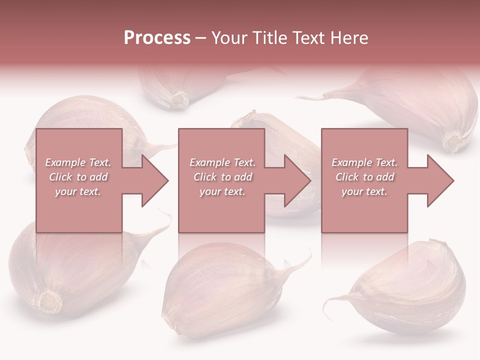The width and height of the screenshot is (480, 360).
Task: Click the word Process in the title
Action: point(157,38)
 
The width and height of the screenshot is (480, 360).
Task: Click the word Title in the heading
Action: point(270,38)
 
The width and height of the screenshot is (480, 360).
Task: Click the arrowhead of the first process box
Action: point(155,180)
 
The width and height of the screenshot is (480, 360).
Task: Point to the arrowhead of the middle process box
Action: point(297,180)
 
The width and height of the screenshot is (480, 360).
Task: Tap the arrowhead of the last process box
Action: point(440,180)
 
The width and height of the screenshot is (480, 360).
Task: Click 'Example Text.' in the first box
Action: point(78,162)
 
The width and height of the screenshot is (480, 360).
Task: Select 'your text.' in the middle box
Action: point(222,191)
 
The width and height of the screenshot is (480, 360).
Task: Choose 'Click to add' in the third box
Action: point(364,177)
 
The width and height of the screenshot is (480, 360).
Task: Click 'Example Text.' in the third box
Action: point(364,162)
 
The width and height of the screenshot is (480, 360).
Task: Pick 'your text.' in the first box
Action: point(78,191)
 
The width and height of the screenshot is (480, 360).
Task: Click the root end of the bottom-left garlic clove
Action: point(50,300)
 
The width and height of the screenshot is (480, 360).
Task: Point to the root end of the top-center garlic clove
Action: point(178,99)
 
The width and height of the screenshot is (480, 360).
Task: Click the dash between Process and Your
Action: point(201,38)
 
